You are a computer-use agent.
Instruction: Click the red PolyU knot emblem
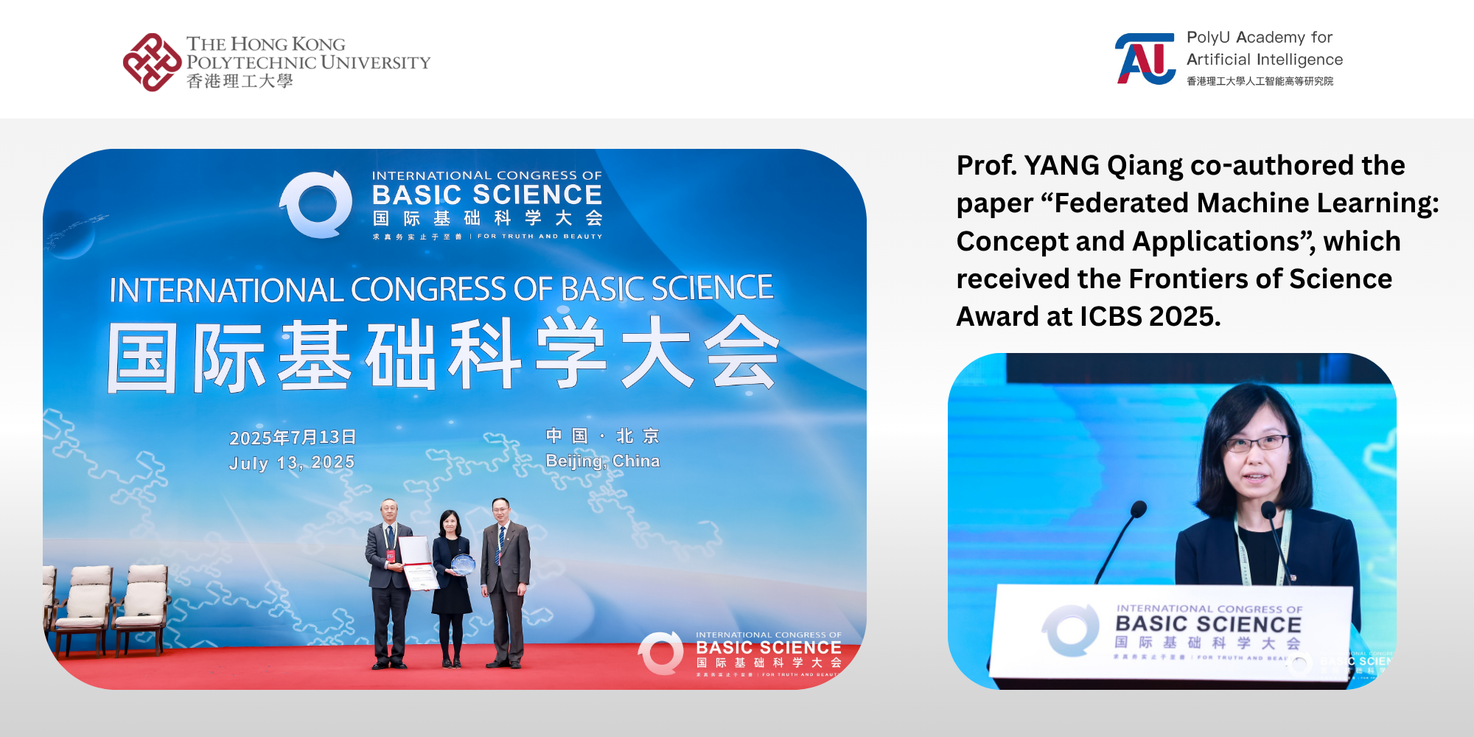point(152,63)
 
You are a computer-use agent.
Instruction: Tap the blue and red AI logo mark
point(1145,59)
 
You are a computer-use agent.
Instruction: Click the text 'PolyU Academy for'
point(1259,38)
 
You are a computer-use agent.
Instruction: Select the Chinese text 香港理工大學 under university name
point(240,81)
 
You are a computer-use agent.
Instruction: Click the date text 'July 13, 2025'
point(292,463)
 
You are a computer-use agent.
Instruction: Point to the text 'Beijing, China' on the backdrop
point(602,461)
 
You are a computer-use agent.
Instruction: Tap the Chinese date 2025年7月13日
point(293,437)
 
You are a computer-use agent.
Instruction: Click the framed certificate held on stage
point(418,562)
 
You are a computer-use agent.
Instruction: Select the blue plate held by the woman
point(463,565)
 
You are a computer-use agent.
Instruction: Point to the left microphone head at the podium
point(1139,509)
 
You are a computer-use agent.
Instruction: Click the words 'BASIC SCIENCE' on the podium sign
point(1208,624)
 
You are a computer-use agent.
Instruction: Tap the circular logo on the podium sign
point(1070,630)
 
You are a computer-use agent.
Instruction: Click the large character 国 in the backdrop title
point(142,358)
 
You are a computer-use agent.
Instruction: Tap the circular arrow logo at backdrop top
point(317,204)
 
